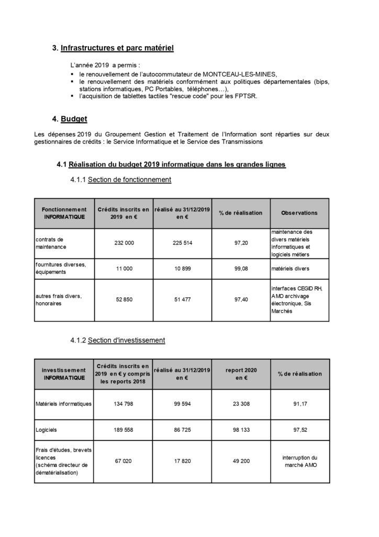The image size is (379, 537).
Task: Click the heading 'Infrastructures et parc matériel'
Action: [117, 48]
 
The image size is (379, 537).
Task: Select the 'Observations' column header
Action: [299, 213]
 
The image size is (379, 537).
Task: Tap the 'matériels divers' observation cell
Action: [291, 268]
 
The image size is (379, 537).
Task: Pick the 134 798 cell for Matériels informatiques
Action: [123, 404]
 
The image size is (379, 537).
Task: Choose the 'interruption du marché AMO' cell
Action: [299, 461]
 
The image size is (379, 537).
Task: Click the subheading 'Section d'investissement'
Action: [127, 340]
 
